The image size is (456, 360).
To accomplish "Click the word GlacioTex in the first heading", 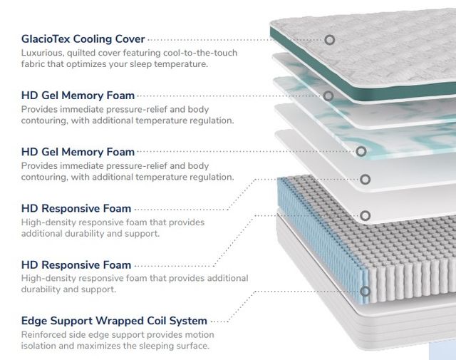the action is coord(46,38).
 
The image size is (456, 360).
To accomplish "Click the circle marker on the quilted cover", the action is coord(329,40).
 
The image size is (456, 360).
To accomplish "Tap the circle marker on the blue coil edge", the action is coord(365,292).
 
